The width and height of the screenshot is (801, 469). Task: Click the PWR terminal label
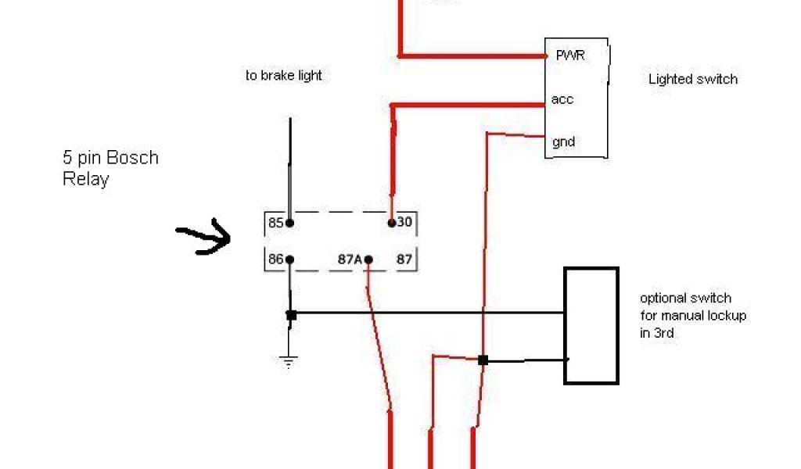pos(569,55)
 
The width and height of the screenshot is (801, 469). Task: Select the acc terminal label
pos(562,99)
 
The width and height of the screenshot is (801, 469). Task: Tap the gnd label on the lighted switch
pos(564,141)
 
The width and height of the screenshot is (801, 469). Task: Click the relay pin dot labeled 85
pos(289,223)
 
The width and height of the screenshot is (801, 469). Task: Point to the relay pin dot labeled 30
pos(391,223)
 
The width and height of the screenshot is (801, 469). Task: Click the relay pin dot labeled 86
pos(289,260)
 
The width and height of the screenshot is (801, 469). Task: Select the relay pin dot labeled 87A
pos(368,260)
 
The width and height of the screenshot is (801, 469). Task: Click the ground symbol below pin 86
pos(289,361)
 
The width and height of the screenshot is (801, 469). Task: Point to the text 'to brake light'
pos(283,76)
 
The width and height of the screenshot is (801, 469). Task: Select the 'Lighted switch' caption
pos(692,79)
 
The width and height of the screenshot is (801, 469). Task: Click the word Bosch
pos(132,158)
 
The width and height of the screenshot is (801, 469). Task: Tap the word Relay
pos(85,179)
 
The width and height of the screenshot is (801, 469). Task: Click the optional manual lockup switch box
pos(591,326)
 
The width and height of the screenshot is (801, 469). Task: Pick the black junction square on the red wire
pos(483,360)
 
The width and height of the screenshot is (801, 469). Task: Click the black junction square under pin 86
pos(290,315)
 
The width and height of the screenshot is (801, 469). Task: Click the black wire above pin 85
pos(290,164)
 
